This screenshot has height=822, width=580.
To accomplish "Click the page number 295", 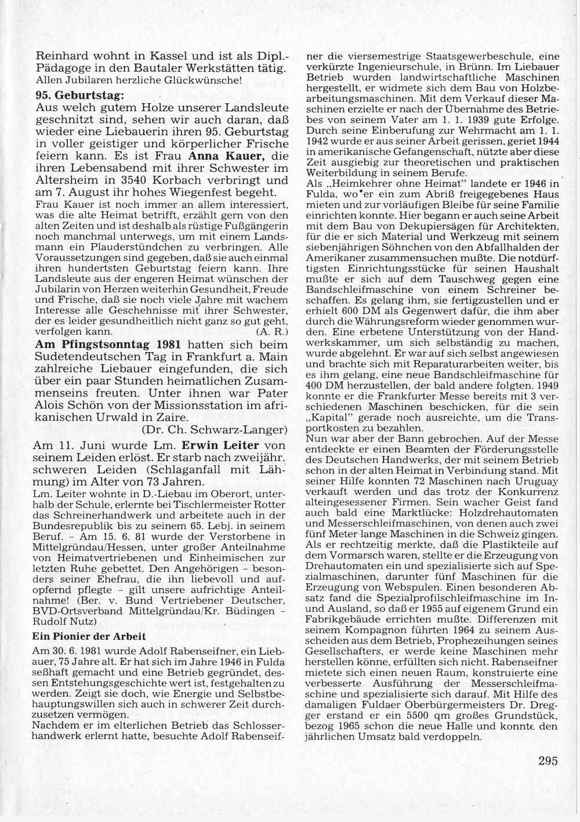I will tap(548, 761).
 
